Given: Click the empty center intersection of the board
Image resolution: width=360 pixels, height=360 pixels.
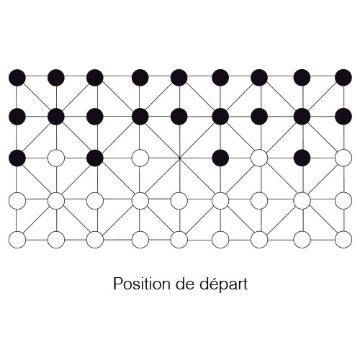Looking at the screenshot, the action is tap(179, 158).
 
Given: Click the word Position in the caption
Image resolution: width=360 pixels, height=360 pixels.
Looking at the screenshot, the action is tap(142, 284).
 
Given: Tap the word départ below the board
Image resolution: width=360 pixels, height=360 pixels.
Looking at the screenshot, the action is tap(224, 284).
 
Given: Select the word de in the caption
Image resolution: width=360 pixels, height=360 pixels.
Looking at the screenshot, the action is tap(185, 284).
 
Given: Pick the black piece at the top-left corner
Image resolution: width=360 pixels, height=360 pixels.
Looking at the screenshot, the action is tap(17, 78).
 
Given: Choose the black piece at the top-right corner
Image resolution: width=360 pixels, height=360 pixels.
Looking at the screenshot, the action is tap(343, 78).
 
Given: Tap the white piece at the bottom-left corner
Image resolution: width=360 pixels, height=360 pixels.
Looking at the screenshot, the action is tap(17, 240).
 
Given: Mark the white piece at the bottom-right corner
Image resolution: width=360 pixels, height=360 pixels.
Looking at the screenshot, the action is tap(343, 240).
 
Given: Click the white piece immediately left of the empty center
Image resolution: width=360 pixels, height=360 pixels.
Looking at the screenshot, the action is tap(140, 158).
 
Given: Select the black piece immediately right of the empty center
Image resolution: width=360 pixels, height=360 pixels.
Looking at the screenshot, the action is tap(220, 158).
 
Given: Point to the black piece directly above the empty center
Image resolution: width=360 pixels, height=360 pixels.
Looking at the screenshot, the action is tap(179, 117).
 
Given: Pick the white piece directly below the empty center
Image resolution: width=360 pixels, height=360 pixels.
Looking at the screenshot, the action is tap(179, 200).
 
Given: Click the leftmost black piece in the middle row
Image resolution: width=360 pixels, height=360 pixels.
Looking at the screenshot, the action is tap(17, 158).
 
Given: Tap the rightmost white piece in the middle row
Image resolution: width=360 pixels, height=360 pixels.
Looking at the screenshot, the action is tap(343, 158).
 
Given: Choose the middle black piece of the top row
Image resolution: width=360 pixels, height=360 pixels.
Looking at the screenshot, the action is tap(179, 78).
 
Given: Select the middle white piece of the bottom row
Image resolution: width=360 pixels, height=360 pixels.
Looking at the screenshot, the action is tap(179, 240).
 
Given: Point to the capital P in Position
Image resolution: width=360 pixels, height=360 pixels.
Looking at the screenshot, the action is tap(117, 284).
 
